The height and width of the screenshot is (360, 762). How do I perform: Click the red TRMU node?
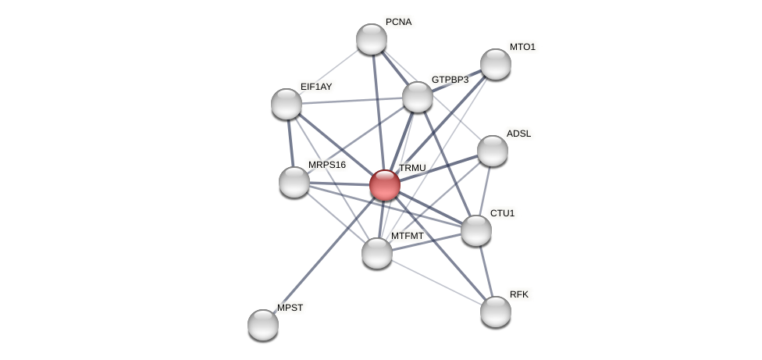point(384,185)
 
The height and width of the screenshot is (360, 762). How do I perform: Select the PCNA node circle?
point(372,39)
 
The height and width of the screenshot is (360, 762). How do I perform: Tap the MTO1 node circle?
point(495,64)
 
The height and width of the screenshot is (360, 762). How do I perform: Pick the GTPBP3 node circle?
point(418,97)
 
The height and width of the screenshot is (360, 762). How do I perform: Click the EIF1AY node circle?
point(287,104)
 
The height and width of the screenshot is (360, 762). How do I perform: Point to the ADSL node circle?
point(492,151)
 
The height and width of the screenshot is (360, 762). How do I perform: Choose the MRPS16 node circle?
point(294,182)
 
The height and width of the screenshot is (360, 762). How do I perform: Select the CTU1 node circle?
point(476,230)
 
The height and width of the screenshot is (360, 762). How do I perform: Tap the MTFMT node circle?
point(377,253)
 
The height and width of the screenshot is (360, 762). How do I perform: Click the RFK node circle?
point(495,312)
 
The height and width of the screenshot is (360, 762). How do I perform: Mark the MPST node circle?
point(263,325)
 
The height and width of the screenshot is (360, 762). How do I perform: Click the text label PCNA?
point(398,22)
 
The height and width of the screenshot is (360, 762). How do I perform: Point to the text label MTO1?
point(522,47)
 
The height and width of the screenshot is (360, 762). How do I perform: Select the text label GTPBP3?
point(450,80)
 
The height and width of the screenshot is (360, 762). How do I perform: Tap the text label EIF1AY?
point(316,87)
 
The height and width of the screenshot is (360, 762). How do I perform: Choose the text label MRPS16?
point(326,165)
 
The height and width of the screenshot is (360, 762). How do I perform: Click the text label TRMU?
point(412,168)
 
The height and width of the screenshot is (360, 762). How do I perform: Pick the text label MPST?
point(290,308)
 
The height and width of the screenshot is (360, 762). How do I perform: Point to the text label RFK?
point(519,294)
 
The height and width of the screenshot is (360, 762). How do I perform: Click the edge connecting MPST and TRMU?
point(324,255)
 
